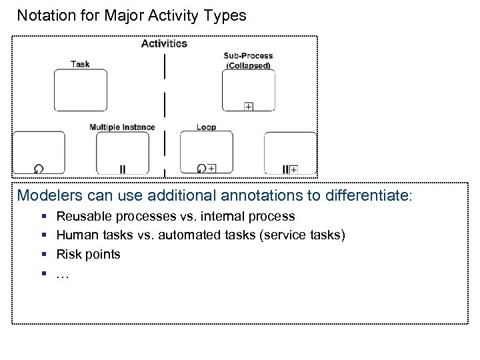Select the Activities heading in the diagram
coord(164,43)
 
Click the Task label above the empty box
coord(80,64)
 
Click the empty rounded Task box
coord(80,90)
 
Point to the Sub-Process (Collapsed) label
coord(247,61)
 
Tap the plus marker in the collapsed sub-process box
coord(248,107)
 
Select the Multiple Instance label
coord(122,127)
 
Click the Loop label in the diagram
coord(206,127)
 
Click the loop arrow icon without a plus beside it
coord(39,169)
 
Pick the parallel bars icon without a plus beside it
coord(123,169)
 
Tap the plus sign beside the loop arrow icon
coord(211,169)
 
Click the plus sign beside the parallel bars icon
coord(293,169)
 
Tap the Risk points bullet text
coord(88,254)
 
